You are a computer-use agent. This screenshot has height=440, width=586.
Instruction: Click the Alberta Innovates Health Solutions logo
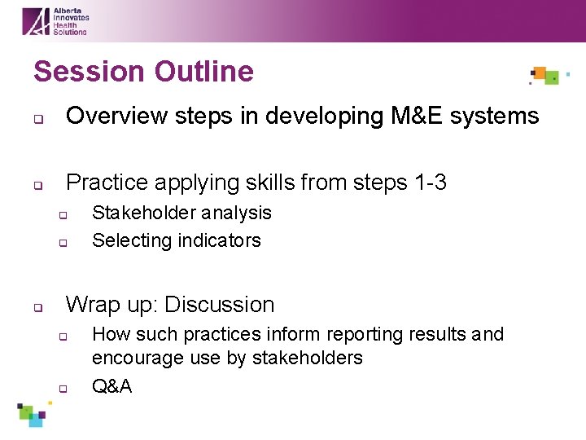click(x=55, y=21)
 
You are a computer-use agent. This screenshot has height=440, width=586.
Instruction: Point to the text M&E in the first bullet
click(x=418, y=117)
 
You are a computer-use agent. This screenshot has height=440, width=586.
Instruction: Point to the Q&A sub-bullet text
click(x=112, y=387)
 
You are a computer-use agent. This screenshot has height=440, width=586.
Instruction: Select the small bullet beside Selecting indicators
click(x=61, y=243)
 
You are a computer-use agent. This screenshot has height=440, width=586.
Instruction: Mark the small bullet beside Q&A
click(x=61, y=389)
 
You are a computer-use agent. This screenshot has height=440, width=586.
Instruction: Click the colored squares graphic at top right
click(x=546, y=76)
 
